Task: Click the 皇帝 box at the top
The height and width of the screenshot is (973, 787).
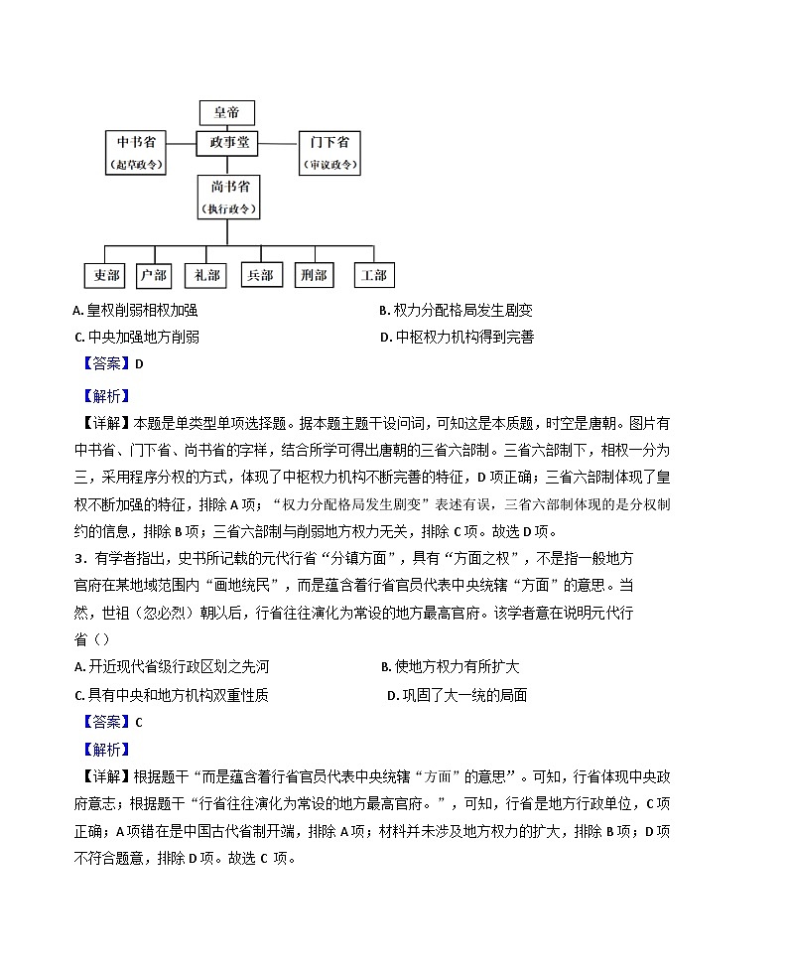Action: [x=227, y=112]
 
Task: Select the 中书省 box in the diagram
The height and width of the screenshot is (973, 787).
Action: [x=136, y=152]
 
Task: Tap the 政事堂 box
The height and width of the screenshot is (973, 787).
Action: [x=227, y=143]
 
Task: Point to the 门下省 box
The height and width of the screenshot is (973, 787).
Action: [x=328, y=152]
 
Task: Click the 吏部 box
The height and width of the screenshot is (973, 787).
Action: [x=102, y=275]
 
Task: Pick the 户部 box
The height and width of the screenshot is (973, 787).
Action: [x=154, y=275]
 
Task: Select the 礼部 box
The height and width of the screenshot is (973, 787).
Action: [x=207, y=275]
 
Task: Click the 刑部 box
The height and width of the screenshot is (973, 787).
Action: [x=314, y=275]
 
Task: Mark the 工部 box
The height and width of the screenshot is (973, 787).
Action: [x=374, y=275]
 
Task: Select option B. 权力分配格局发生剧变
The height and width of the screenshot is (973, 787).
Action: [x=456, y=311]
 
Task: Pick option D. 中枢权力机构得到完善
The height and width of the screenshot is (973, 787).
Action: [x=458, y=338]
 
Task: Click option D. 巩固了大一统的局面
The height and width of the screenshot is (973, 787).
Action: [x=457, y=695]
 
